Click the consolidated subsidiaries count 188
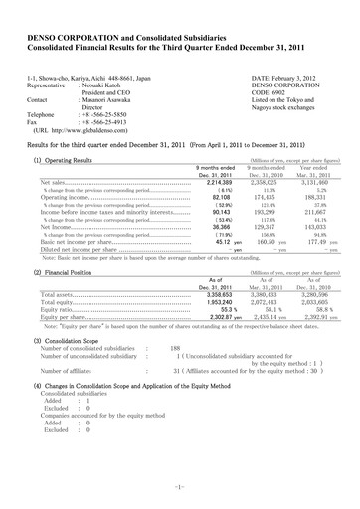click(x=175, y=348)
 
